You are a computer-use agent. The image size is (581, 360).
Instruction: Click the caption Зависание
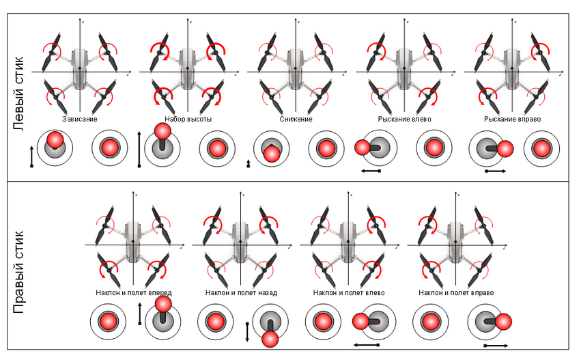80,119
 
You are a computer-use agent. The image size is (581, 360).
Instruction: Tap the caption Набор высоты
188,119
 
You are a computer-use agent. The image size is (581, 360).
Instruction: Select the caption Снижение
296,119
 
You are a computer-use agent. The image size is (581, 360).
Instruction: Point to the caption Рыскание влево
404,119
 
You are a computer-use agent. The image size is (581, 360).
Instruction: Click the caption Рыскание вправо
512,119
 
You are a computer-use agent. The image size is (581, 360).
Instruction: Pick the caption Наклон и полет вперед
133,293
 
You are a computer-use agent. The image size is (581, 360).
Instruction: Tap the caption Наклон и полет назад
241,293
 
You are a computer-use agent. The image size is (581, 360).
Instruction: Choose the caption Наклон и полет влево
349,293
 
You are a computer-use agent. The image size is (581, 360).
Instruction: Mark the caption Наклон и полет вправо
456,293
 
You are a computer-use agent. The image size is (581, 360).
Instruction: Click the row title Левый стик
18,93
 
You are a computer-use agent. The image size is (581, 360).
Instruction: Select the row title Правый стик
18,272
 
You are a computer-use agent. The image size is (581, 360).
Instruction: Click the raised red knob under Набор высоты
162,131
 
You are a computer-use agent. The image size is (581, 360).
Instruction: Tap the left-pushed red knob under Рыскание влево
362,147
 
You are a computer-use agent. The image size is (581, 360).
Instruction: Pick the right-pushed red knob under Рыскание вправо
505,149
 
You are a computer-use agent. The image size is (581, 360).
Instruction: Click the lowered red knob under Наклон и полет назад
270,340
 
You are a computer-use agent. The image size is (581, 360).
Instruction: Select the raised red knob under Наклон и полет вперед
163,305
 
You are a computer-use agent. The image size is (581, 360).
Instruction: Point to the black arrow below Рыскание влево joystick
371,171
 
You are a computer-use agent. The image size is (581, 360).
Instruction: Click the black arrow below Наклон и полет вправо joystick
496,346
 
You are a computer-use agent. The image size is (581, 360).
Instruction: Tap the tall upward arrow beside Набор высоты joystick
139,149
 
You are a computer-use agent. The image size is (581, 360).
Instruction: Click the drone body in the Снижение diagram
296,68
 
